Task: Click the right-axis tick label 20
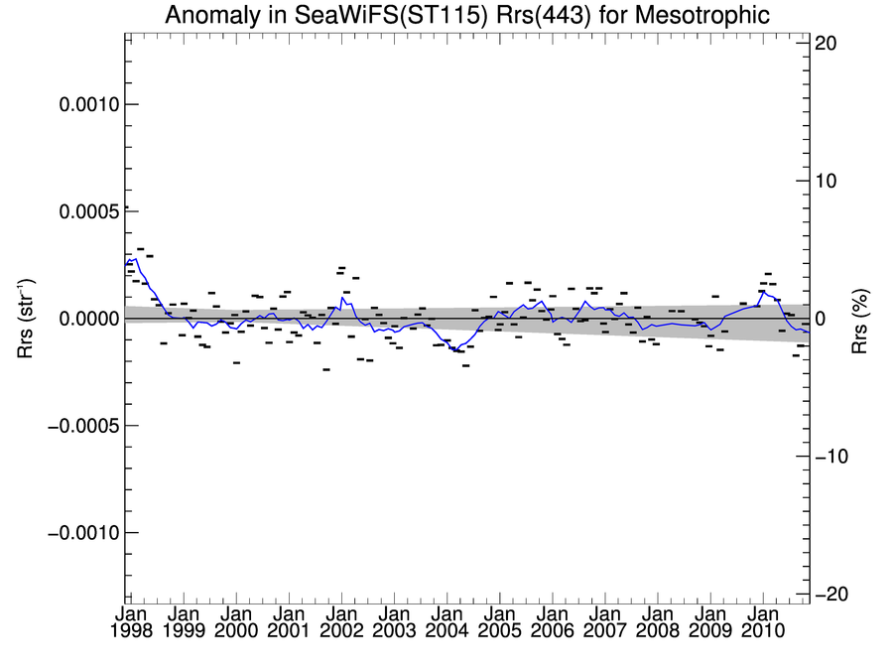tap(829, 44)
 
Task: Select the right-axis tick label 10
tap(829, 182)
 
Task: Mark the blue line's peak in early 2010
tap(762, 291)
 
